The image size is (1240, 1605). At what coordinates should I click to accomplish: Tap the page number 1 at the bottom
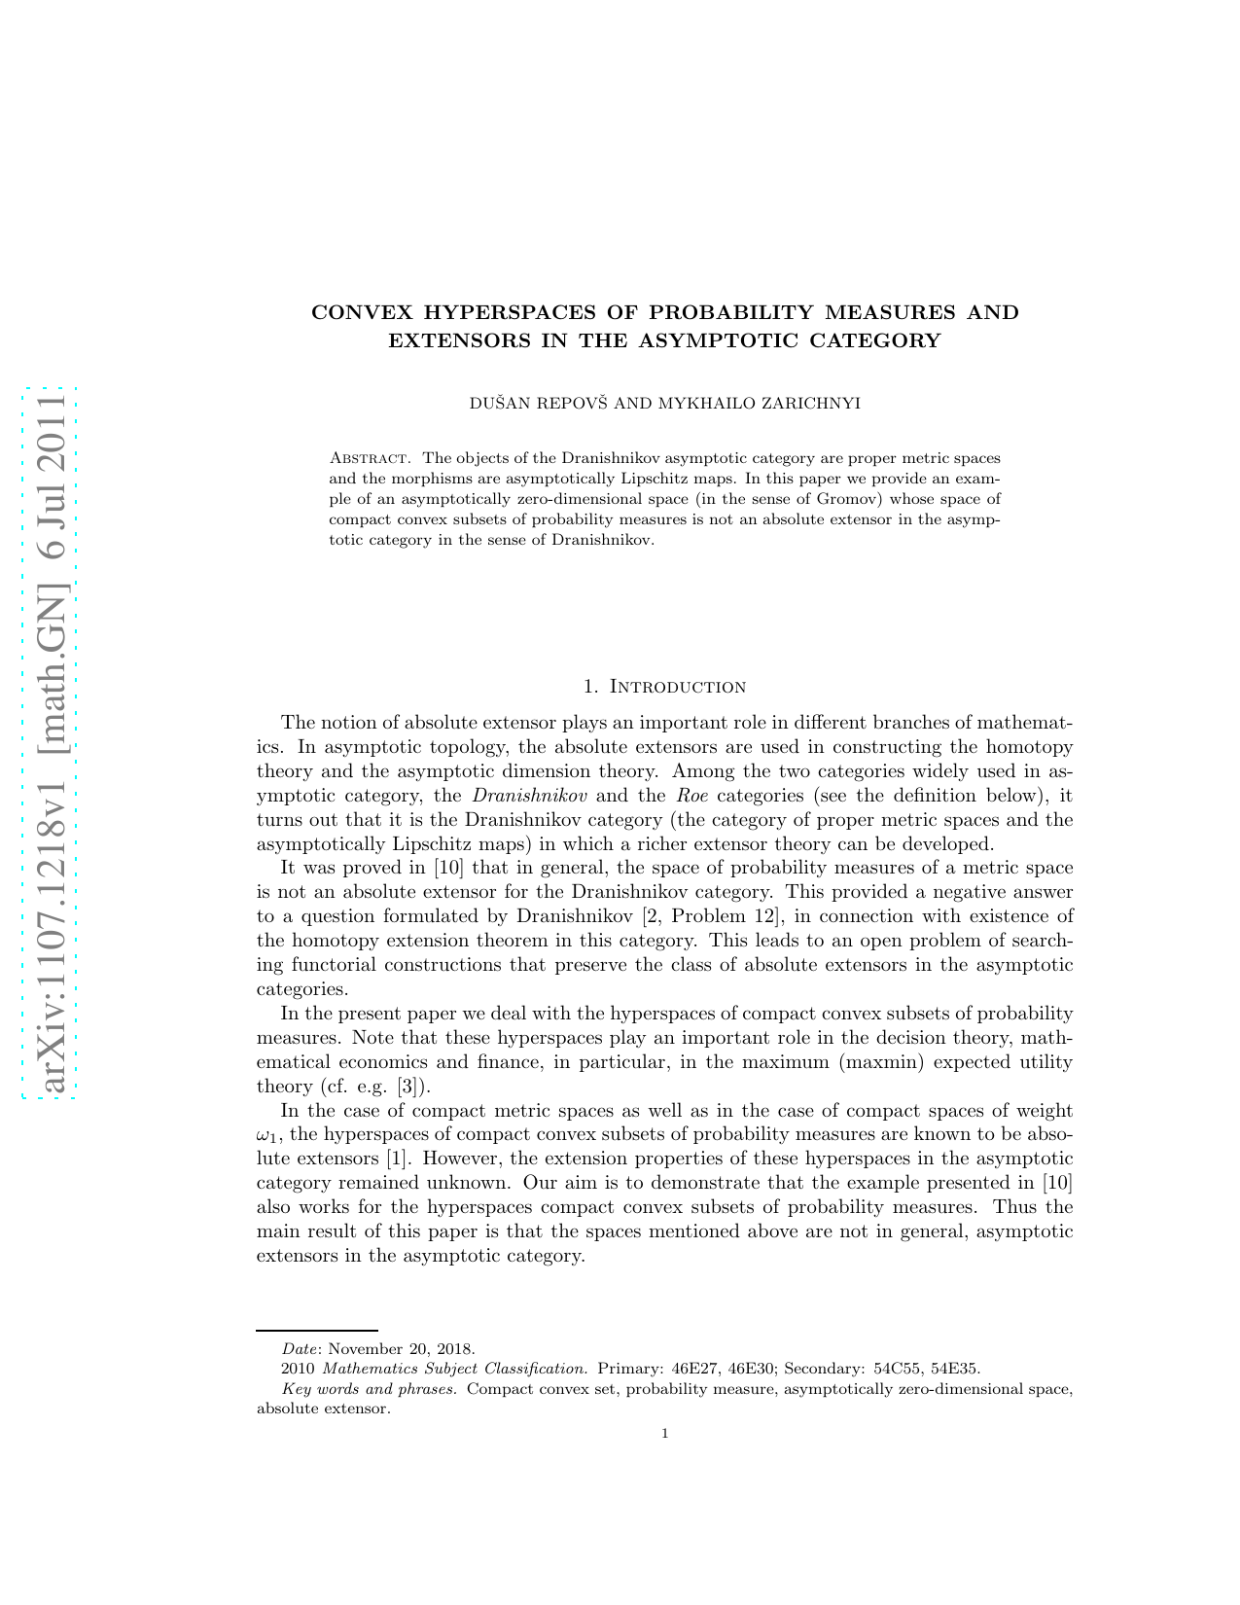(664, 1433)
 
